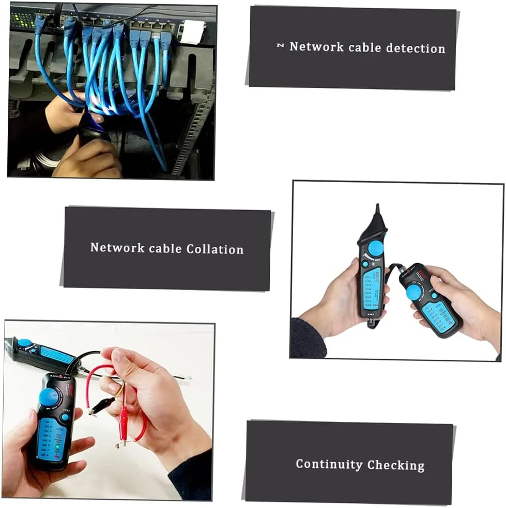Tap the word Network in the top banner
click(x=316, y=46)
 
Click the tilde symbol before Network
click(x=280, y=46)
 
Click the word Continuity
click(x=329, y=464)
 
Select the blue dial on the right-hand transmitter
click(x=414, y=292)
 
